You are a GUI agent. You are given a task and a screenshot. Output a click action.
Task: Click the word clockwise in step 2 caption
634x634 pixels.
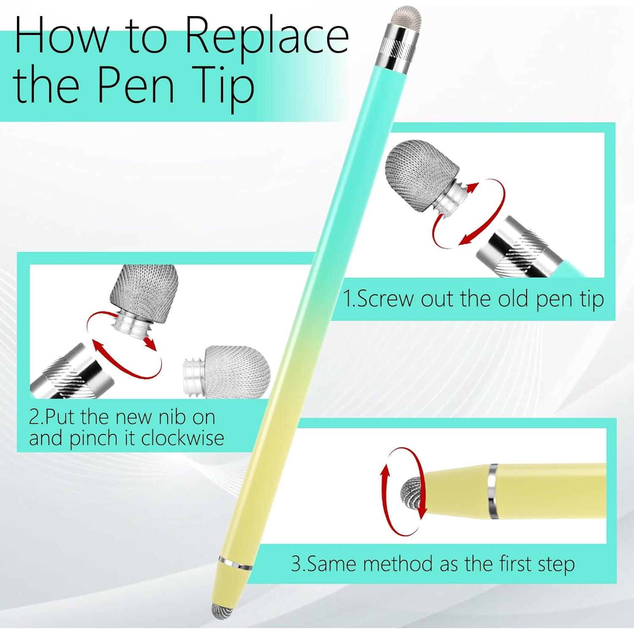coord(183,438)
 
